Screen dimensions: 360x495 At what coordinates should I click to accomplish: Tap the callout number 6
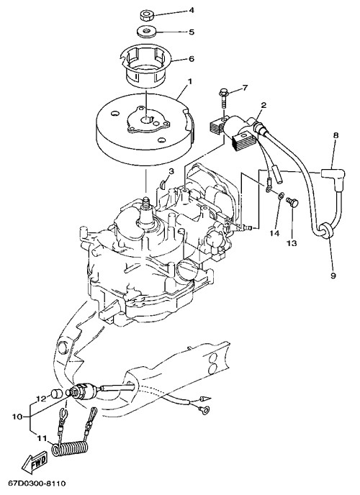192,59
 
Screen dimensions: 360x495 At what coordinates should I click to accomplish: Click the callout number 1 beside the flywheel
190,82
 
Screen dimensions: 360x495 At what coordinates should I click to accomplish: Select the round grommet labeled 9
326,231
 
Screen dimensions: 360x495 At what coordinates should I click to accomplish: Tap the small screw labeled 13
292,202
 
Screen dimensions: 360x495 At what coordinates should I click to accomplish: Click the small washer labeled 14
280,196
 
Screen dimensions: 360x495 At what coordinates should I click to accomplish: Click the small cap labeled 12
57,394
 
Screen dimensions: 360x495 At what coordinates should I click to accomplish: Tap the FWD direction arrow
35,464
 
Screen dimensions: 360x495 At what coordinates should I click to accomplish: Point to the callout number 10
17,417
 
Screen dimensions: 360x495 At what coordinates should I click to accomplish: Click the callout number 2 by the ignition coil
264,105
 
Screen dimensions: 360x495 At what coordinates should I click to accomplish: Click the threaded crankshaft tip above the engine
146,201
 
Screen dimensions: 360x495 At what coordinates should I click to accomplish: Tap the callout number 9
333,276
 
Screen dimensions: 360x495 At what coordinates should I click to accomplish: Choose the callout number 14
275,233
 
